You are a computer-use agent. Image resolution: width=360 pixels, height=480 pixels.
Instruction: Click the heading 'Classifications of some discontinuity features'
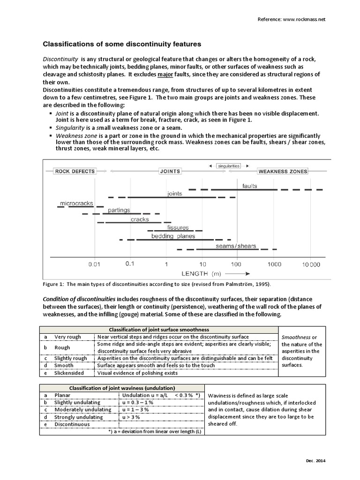pyautogui.click(x=122, y=44)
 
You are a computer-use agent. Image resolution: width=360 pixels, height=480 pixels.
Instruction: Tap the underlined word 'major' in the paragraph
pyautogui.click(x=165, y=75)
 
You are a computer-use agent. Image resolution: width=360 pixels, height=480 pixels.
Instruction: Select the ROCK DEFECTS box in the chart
pyautogui.click(x=75, y=172)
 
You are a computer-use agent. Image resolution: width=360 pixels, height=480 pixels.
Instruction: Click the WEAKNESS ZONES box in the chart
pyautogui.click(x=283, y=172)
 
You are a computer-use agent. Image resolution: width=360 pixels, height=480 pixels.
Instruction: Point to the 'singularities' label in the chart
pyautogui.click(x=229, y=165)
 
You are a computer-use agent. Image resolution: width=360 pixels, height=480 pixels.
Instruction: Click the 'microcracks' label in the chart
pyautogui.click(x=75, y=204)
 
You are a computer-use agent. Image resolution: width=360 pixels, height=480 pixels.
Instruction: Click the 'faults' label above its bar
pyautogui.click(x=250, y=186)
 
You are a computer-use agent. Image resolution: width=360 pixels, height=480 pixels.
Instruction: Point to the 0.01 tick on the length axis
pyautogui.click(x=95, y=264)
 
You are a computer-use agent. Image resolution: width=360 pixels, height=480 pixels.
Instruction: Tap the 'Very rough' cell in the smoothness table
pyautogui.click(x=67, y=337)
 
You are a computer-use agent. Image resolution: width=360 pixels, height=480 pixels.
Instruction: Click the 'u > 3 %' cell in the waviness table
pyautogui.click(x=132, y=417)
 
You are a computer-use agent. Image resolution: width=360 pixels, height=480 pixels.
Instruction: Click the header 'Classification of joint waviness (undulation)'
pyautogui.click(x=122, y=388)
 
